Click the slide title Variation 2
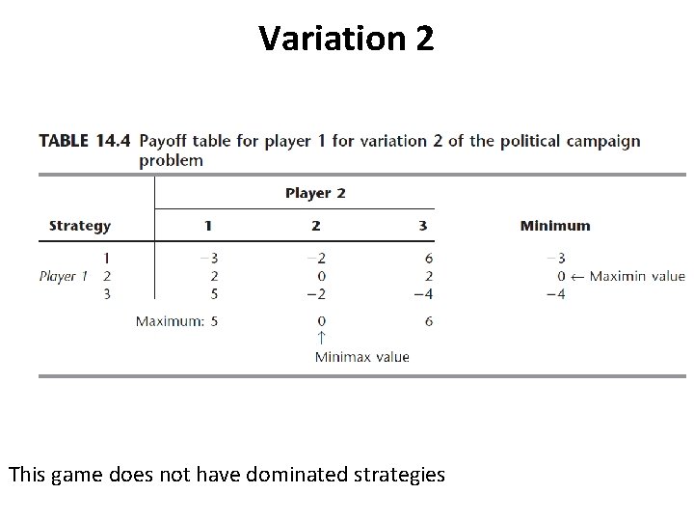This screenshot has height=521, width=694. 347,39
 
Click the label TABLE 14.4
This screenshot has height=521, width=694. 85,141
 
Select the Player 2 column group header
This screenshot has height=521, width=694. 315,193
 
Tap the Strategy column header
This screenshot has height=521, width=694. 80,226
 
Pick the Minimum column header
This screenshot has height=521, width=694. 555,226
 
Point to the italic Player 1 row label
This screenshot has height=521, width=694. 64,276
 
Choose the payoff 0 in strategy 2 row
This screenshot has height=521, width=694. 320,277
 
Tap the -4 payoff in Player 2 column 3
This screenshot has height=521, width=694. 423,294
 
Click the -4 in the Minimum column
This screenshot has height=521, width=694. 555,294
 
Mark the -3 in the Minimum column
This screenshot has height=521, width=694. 555,259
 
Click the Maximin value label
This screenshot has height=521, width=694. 637,276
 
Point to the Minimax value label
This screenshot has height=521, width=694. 361,357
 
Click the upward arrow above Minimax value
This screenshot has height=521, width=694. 321,338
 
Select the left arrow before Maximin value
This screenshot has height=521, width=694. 576,277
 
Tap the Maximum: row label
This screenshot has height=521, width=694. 170,320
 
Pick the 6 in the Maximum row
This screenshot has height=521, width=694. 429,320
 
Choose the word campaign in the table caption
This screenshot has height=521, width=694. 603,141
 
